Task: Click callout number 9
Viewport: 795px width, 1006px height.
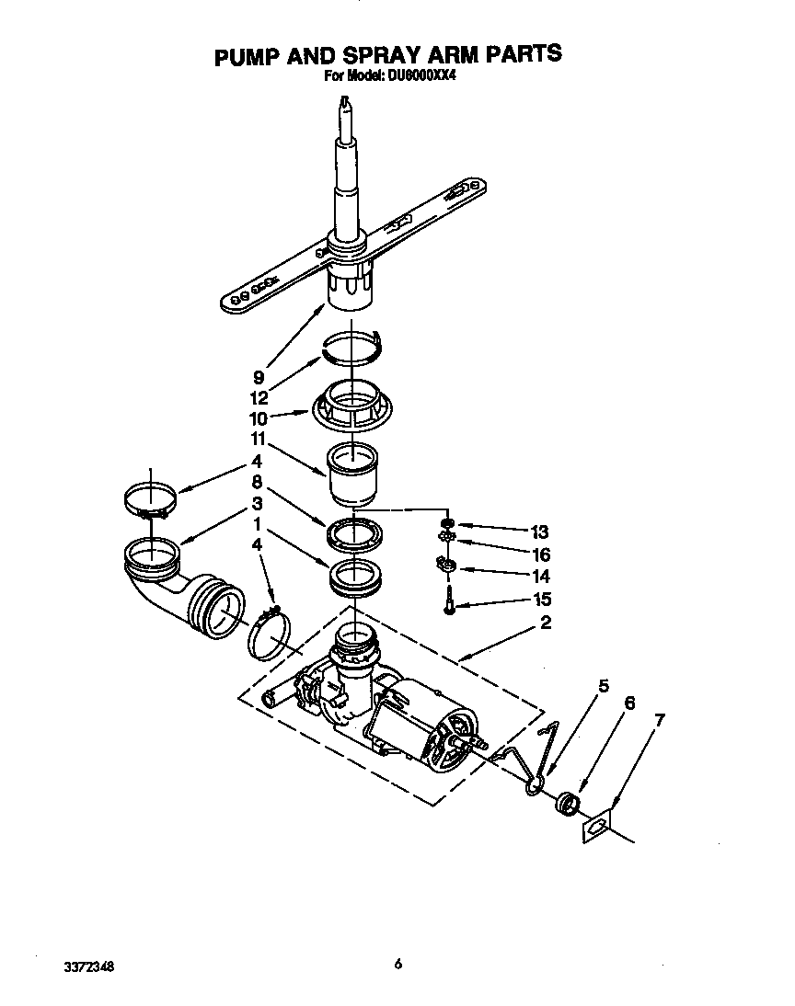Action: pyautogui.click(x=260, y=376)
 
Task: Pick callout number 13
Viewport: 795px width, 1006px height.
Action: pyautogui.click(x=540, y=532)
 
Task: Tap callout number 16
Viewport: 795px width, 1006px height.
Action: pyautogui.click(x=541, y=554)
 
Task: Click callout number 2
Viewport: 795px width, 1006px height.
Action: pyautogui.click(x=546, y=624)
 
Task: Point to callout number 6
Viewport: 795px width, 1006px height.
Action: pyautogui.click(x=629, y=703)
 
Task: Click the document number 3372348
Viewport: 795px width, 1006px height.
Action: pyautogui.click(x=90, y=967)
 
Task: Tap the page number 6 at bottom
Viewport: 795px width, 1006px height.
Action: pyautogui.click(x=397, y=964)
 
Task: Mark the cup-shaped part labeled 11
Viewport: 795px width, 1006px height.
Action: pyautogui.click(x=354, y=474)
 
